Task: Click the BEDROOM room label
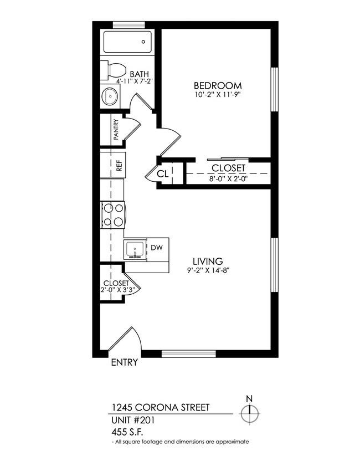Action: [217, 85]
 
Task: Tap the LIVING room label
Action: [208, 261]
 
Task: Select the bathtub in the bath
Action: [127, 42]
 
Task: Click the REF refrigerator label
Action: [118, 165]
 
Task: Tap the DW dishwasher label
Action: [157, 248]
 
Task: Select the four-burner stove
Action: [113, 214]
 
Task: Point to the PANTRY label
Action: [116, 130]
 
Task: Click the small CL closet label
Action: [162, 173]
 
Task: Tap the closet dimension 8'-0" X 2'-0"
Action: [228, 179]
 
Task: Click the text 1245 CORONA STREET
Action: [161, 408]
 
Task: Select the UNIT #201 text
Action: [133, 420]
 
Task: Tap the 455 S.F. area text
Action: [127, 432]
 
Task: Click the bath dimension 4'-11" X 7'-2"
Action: [131, 81]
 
